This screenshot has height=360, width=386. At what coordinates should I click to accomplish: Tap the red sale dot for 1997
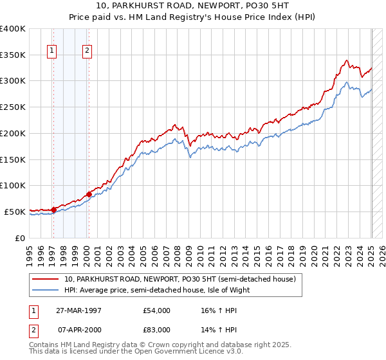[x=53, y=209]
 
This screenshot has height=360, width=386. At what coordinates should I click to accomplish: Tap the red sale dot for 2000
[x=88, y=194]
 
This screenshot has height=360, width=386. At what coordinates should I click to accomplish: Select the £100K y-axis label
[x=13, y=185]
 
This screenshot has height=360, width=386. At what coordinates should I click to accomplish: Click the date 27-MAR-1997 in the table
[x=84, y=310]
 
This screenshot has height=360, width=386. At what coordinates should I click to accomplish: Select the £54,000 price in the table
[x=157, y=310]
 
